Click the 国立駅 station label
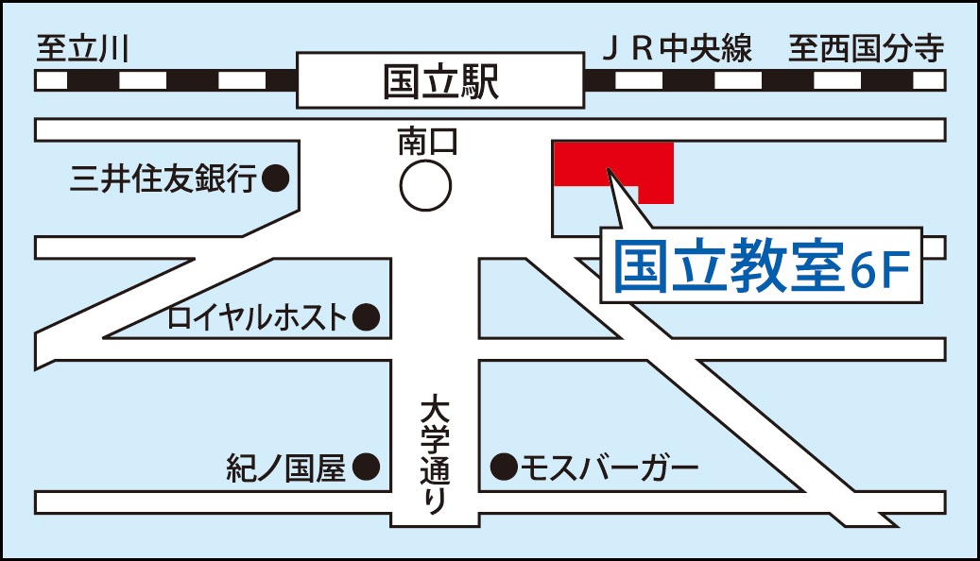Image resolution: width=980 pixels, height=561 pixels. tap(440, 81)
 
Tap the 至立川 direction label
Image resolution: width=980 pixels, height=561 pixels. tap(81, 49)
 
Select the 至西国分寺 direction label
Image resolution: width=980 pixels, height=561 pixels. tap(866, 49)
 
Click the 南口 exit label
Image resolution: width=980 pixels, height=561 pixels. tap(426, 143)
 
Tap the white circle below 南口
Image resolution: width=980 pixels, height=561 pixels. tap(424, 186)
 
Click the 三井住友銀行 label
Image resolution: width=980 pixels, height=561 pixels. tap(163, 178)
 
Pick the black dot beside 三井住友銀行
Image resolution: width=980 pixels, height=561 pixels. tap(275, 178)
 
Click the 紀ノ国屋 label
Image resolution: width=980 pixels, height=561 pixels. tap(286, 467)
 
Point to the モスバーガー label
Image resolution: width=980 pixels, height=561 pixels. tap(610, 466)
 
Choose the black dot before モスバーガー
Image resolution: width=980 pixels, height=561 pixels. tap(504, 466)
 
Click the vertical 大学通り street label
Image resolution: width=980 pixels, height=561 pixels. tap(434, 455)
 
